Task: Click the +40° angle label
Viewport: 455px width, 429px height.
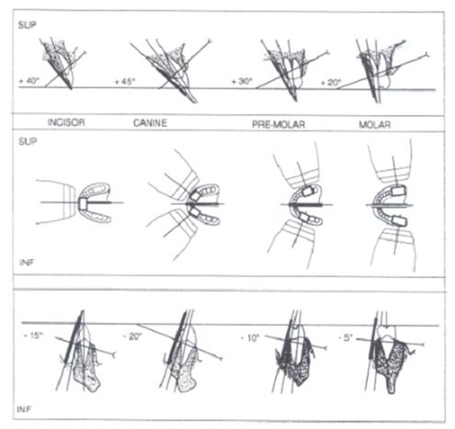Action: (28, 80)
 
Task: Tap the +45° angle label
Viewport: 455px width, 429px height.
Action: (125, 81)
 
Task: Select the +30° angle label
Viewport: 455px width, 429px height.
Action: (242, 81)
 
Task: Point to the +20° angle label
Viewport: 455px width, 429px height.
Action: (331, 82)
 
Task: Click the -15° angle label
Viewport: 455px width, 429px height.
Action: (33, 336)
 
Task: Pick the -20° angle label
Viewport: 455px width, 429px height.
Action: (132, 336)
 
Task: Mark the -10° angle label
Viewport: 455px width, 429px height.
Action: (249, 338)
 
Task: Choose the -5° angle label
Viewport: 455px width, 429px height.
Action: (345, 337)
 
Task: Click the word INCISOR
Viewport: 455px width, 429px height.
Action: (67, 122)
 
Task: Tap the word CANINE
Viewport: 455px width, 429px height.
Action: (150, 123)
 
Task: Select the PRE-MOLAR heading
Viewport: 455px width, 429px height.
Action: (278, 124)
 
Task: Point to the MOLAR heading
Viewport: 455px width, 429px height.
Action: (375, 125)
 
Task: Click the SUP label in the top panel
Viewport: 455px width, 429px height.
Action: (28, 25)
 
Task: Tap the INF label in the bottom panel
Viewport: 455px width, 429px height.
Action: (24, 409)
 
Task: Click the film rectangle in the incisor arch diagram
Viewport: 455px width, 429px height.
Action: (83, 203)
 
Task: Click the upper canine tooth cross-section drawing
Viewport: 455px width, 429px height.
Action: (171, 70)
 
